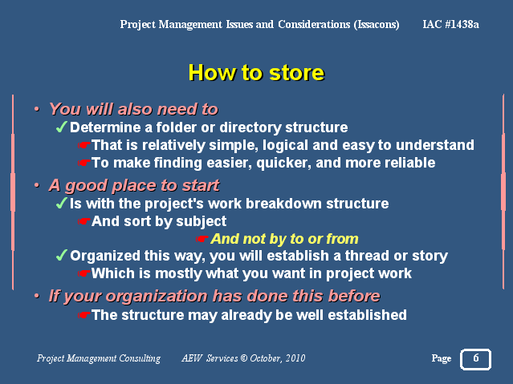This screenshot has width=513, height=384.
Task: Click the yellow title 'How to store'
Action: pos(257,72)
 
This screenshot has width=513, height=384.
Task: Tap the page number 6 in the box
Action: pos(476,358)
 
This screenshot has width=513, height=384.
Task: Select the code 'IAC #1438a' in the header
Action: pos(451,24)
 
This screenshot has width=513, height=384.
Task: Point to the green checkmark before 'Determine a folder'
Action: pos(62,127)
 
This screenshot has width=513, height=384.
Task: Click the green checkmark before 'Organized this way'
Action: pos(62,255)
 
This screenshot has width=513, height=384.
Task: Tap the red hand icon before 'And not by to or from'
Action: pos(202,239)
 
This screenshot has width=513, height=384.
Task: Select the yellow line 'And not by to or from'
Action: pos(284,239)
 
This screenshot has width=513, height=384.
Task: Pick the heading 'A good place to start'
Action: pos(134,186)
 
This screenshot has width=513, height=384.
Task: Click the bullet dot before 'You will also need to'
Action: pos(37,109)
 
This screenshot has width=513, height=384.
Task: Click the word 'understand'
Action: pos(435,145)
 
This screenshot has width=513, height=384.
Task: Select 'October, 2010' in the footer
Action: pos(278,358)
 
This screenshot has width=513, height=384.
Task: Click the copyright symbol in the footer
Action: pos(244,358)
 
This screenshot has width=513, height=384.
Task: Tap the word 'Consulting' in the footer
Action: pos(140,358)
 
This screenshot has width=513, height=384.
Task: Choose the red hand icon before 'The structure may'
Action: pos(84,315)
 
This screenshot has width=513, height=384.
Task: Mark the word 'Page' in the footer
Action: pos(442,358)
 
